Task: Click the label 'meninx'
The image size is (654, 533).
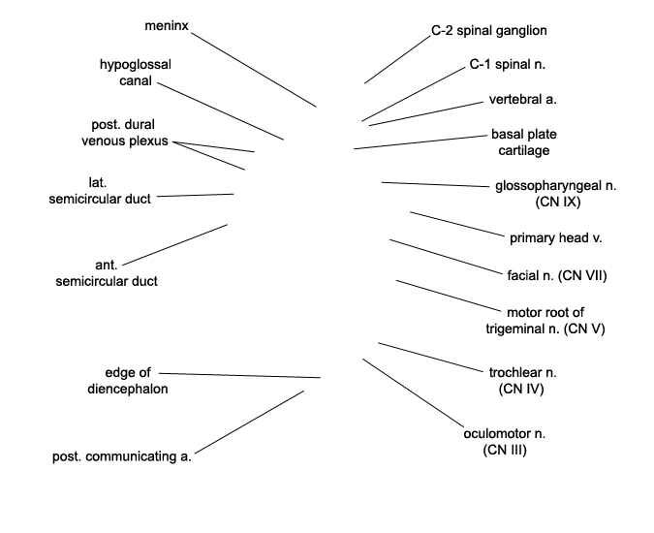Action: pyautogui.click(x=167, y=26)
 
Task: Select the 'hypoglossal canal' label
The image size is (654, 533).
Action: pyautogui.click(x=135, y=73)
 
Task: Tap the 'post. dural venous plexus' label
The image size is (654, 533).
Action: pyautogui.click(x=124, y=133)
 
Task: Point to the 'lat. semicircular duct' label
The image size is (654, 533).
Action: pyautogui.click(x=100, y=191)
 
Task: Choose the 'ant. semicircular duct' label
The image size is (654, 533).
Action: pyautogui.click(x=107, y=272)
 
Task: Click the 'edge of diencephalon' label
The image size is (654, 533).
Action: pyautogui.click(x=128, y=380)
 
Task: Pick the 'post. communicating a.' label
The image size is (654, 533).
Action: pyautogui.click(x=122, y=456)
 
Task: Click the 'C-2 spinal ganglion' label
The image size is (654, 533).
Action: pyautogui.click(x=489, y=30)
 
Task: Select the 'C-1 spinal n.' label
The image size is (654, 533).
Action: pyautogui.click(x=507, y=64)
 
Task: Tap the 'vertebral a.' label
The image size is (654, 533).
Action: pyautogui.click(x=522, y=99)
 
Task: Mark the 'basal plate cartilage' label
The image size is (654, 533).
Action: pyautogui.click(x=524, y=142)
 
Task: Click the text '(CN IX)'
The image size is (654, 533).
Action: pyautogui.click(x=558, y=202)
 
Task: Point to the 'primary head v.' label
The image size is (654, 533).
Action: pyautogui.click(x=555, y=238)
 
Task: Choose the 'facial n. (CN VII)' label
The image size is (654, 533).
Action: pyautogui.click(x=557, y=275)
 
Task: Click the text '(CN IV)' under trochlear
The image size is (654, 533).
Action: pyautogui.click(x=521, y=389)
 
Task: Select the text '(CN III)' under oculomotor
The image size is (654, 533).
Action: pyautogui.click(x=505, y=450)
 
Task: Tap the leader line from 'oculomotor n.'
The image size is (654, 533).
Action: pyautogui.click(x=413, y=392)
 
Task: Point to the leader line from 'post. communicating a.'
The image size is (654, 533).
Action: pyautogui.click(x=249, y=423)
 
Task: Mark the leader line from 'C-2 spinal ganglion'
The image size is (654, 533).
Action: pyautogui.click(x=397, y=60)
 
